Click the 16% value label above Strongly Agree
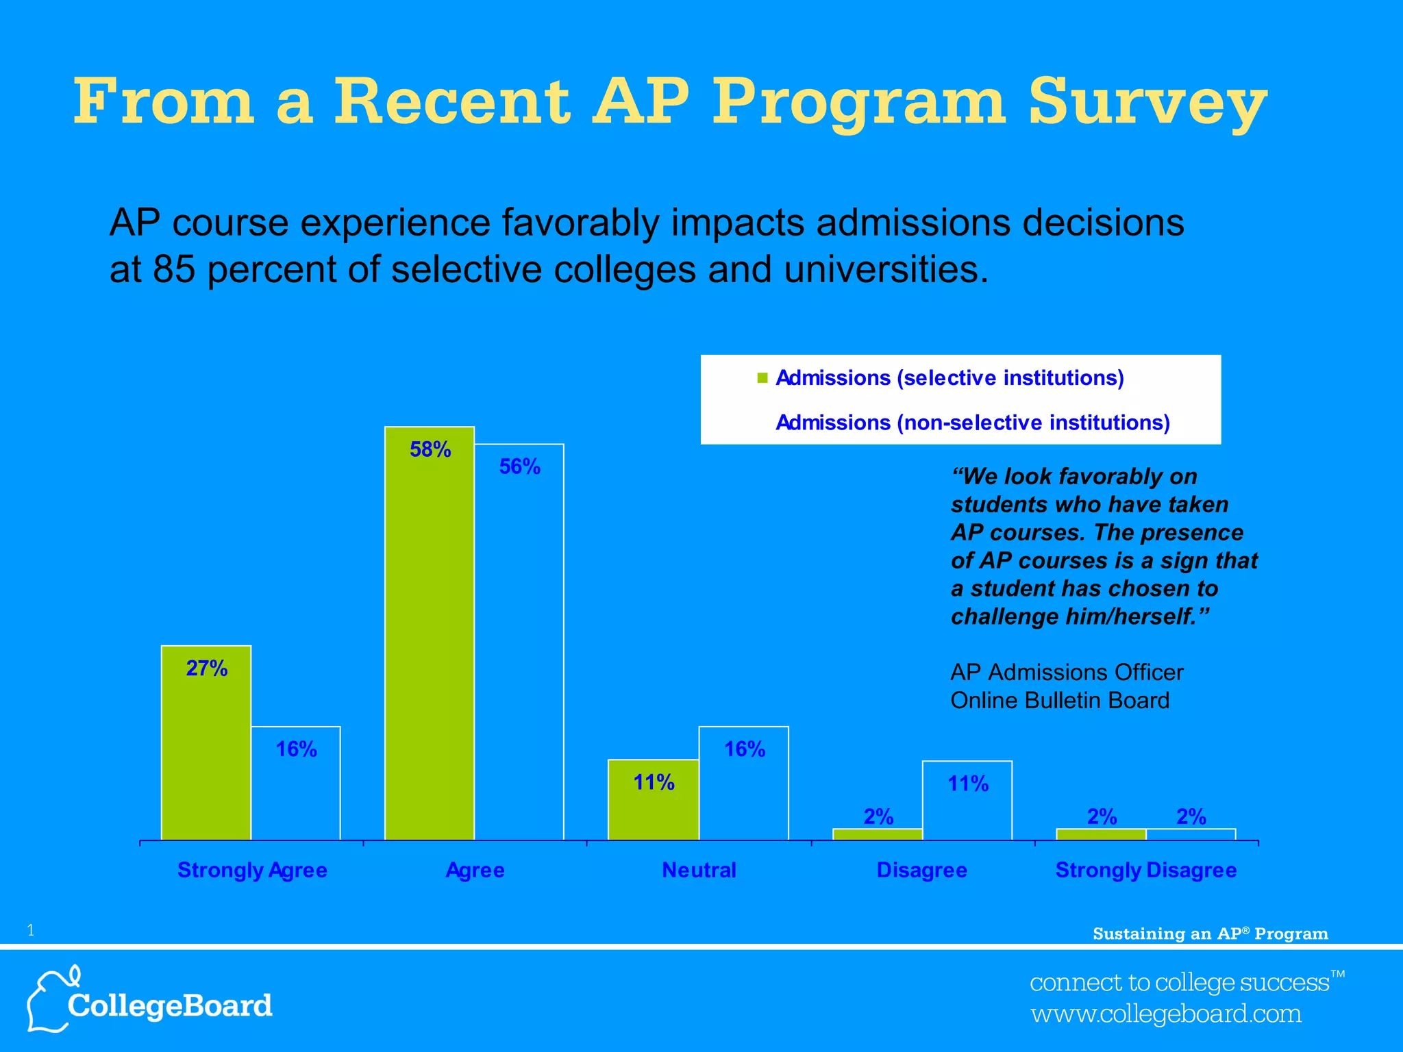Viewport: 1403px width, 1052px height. [x=296, y=749]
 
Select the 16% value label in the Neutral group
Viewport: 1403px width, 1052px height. [x=745, y=749]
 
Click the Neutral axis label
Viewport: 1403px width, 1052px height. [x=699, y=871]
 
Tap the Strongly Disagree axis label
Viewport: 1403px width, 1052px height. [x=1146, y=871]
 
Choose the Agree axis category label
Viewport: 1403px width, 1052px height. [x=475, y=871]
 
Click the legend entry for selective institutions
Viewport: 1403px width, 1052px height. [x=949, y=378]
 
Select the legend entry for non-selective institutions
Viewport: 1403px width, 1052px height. [x=972, y=423]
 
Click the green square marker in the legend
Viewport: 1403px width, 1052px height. [x=762, y=378]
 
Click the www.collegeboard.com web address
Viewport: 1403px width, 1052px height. [x=1166, y=1014]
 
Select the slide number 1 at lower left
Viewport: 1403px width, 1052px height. [x=30, y=930]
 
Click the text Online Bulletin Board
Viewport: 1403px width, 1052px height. [x=1060, y=701]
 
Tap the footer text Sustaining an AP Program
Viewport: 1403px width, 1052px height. [x=1210, y=934]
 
